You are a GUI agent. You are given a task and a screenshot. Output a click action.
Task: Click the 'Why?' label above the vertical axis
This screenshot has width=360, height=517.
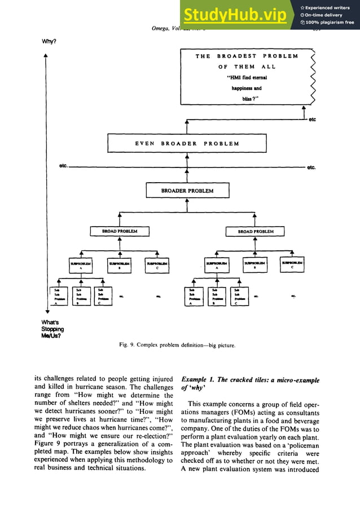click(49, 42)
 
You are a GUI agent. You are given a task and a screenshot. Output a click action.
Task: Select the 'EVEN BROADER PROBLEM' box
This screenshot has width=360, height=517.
click(187, 143)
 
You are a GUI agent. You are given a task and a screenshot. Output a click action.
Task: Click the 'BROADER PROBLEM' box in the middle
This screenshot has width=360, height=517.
click(187, 191)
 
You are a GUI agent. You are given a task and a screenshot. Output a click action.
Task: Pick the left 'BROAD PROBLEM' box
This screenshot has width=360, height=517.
click(120, 231)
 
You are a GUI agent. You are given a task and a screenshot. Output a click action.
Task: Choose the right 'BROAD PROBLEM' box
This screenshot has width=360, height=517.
click(255, 231)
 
